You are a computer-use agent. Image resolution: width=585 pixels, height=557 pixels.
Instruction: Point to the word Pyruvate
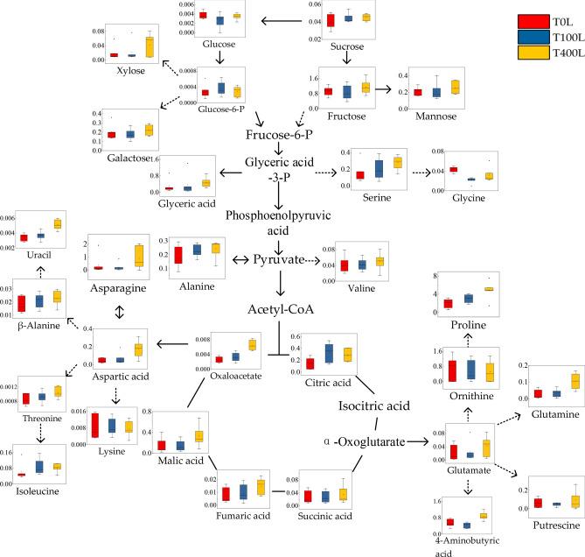tap(279, 260)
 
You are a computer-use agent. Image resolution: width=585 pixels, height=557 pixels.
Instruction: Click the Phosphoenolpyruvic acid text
tap(279, 223)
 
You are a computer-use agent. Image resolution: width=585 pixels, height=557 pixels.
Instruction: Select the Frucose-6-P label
tap(279, 136)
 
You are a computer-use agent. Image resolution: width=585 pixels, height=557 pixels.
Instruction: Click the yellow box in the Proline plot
tap(490, 289)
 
